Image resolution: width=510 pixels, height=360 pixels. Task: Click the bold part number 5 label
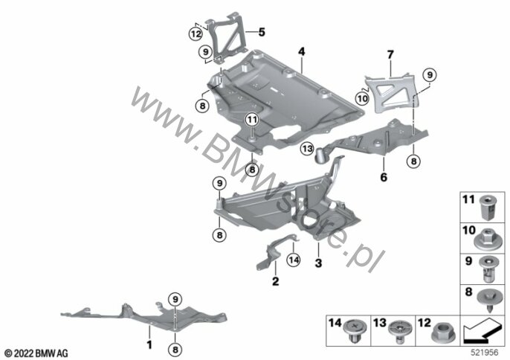(262, 32)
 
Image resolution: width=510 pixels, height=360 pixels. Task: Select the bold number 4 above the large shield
(302, 51)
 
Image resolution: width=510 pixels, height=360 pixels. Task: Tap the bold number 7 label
(390, 54)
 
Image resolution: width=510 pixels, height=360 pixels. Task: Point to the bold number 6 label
(384, 177)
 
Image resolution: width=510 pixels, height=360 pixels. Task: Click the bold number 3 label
(318, 263)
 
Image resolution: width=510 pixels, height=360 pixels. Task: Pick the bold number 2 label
(276, 281)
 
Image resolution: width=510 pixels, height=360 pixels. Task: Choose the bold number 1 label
(149, 344)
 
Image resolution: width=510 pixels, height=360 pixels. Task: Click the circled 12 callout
(196, 33)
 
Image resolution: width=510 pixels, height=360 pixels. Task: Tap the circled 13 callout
(307, 149)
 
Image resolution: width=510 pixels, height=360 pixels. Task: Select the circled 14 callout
(294, 260)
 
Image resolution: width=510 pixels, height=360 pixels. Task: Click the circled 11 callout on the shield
(252, 120)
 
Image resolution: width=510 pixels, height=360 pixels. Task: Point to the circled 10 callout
(362, 98)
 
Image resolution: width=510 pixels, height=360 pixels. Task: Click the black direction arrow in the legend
(482, 331)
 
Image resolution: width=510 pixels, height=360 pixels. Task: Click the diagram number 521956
(485, 353)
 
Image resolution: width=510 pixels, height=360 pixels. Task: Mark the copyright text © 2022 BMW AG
(36, 353)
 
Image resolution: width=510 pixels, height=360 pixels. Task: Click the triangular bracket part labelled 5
(228, 36)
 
